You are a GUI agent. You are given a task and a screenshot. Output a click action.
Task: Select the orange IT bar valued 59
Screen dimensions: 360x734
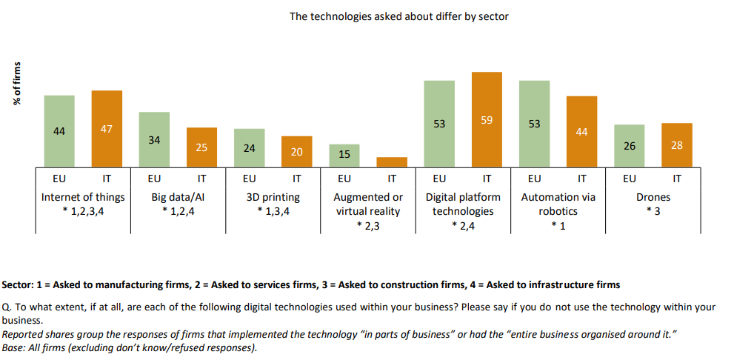pyautogui.click(x=487, y=119)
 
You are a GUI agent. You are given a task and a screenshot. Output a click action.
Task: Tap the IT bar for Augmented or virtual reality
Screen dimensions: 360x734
pyautogui.click(x=392, y=162)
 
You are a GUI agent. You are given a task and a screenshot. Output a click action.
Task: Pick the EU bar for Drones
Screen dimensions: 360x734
pyautogui.click(x=629, y=146)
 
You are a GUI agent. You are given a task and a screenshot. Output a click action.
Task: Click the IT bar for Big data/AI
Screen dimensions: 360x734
pyautogui.click(x=201, y=147)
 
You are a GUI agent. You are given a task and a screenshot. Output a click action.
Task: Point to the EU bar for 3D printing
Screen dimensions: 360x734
pyautogui.click(x=250, y=148)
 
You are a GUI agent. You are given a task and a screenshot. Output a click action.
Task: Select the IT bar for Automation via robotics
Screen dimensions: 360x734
pyautogui.click(x=581, y=132)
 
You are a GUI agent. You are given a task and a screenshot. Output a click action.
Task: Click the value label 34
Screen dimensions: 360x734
pyautogui.click(x=154, y=139)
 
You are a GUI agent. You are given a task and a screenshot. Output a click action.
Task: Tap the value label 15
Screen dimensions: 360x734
pyautogui.click(x=344, y=155)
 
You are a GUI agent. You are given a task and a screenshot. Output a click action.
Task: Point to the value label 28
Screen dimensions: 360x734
pyautogui.click(x=676, y=145)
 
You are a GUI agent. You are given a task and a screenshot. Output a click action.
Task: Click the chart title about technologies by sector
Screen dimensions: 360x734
pyautogui.click(x=398, y=16)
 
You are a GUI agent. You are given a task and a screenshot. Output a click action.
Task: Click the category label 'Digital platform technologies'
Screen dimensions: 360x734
pyautogui.click(x=463, y=204)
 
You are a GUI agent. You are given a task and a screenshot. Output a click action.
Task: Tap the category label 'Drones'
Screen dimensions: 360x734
pyautogui.click(x=653, y=197)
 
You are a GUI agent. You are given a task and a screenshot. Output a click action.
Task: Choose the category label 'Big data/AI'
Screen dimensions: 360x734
pyautogui.click(x=178, y=197)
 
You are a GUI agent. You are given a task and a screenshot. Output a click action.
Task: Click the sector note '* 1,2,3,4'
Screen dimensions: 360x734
pyautogui.click(x=83, y=211)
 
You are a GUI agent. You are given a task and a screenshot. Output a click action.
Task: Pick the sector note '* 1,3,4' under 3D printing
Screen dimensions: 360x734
pyautogui.click(x=273, y=211)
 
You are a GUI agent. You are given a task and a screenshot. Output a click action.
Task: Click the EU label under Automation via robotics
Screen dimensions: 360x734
pyautogui.click(x=534, y=179)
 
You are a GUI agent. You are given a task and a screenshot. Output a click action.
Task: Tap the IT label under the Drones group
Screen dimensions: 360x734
pyautogui.click(x=676, y=179)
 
